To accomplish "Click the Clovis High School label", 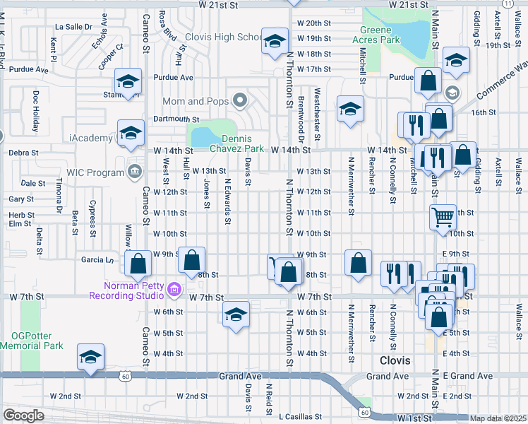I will pos(224,37).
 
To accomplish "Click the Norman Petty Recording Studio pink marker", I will pos(175,290).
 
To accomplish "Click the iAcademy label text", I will pos(91,137).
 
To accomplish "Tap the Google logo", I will pos(23,416).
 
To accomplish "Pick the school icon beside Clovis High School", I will pos(274,40).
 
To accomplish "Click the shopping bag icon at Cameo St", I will pos(138,263).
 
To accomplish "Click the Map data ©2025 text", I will pos(498,418).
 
